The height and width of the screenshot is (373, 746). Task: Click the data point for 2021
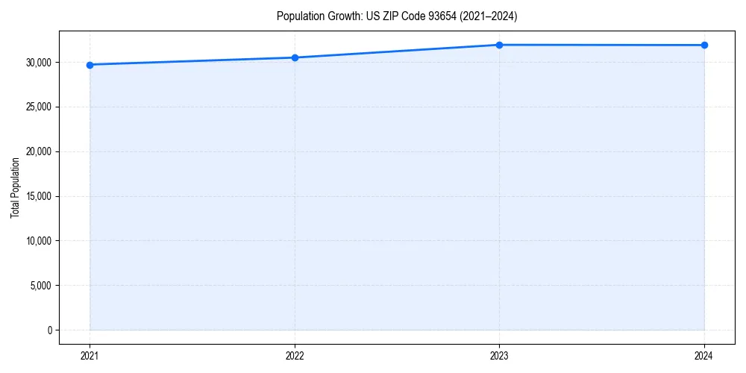[x=90, y=65]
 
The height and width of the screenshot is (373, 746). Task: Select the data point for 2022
[x=295, y=57]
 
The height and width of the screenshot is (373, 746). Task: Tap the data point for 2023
[x=499, y=45]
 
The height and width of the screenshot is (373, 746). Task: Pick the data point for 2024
[x=704, y=46]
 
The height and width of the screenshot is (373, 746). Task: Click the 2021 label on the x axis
[x=90, y=355]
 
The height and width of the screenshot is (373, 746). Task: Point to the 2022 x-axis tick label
[x=295, y=355]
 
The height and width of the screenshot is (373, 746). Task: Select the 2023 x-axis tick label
[x=499, y=355]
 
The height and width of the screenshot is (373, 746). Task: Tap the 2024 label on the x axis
[x=704, y=355]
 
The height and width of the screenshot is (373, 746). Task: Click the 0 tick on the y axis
[x=50, y=330]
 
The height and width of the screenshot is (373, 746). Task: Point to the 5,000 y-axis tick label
[x=42, y=286]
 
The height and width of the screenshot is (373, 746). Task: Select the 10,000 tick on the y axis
[x=40, y=241]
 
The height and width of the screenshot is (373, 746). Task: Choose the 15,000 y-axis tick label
[x=40, y=196]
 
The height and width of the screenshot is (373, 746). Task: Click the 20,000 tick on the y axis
[x=40, y=151]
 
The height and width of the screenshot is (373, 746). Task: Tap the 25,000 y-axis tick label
[x=40, y=107]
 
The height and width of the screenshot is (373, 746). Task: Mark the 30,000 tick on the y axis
[x=40, y=62]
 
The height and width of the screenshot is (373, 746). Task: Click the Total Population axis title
[x=15, y=187]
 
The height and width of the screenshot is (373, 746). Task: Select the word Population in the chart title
[x=297, y=16]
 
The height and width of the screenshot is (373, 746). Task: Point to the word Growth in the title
[x=341, y=16]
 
